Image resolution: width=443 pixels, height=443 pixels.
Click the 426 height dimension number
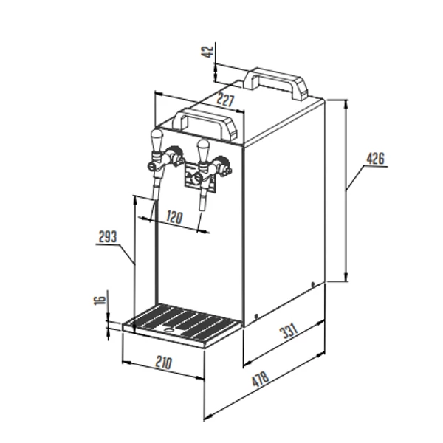(376, 159)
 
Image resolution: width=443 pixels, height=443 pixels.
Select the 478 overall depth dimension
(260, 380)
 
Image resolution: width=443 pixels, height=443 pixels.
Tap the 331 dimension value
(289, 331)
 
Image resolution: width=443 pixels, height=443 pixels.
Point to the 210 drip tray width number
(164, 363)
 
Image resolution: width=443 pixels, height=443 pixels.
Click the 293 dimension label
(107, 237)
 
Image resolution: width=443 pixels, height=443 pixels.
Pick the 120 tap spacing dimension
(174, 217)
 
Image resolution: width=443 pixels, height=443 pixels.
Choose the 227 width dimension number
(225, 100)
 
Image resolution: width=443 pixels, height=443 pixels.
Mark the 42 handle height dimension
(208, 52)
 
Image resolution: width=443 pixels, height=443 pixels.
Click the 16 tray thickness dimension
(100, 300)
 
